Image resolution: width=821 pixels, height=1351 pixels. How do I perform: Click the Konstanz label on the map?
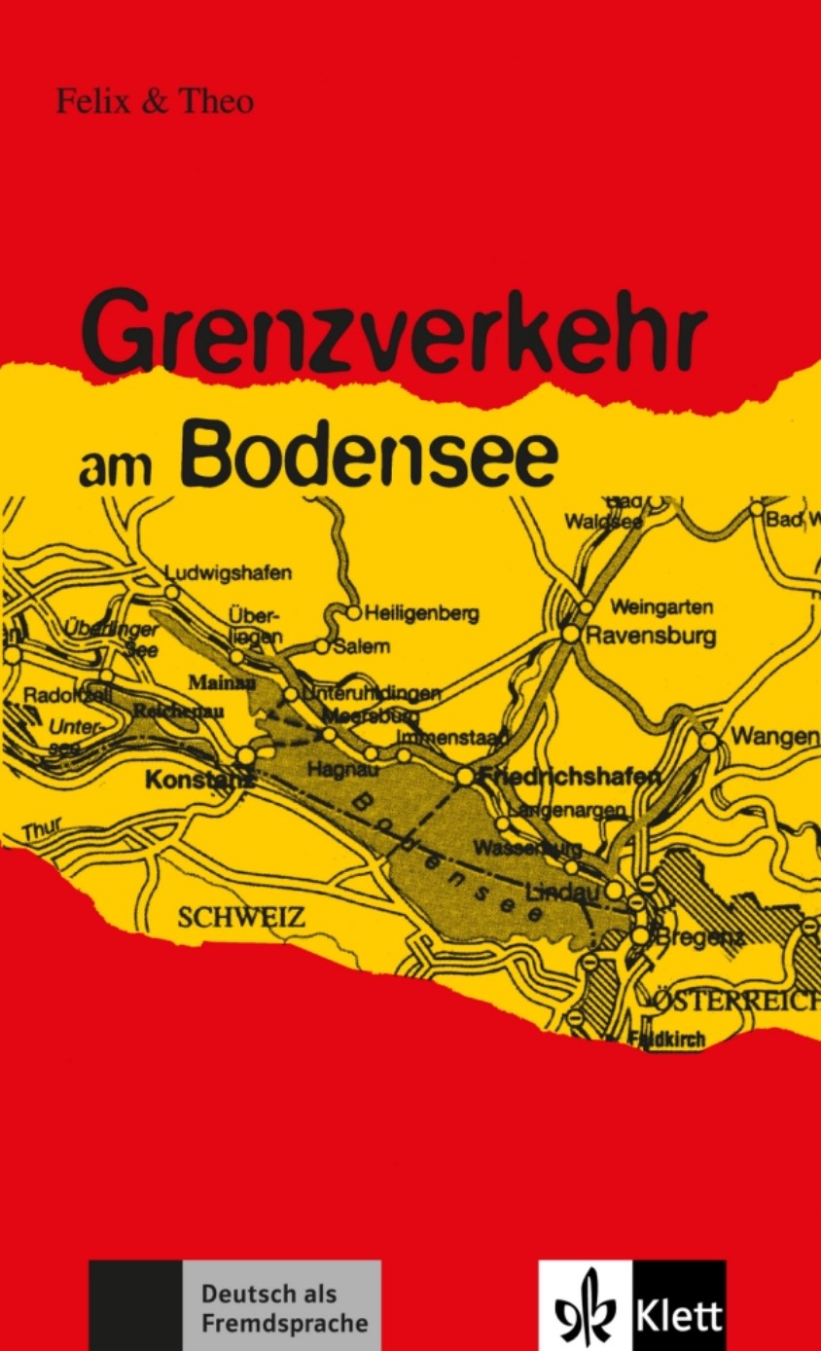tap(198, 780)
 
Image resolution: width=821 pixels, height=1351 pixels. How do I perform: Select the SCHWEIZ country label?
tap(241, 917)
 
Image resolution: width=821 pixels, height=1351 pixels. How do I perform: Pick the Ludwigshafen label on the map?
tap(228, 573)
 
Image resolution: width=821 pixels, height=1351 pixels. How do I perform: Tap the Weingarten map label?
tap(661, 606)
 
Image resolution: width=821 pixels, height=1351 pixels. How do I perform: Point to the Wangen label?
tap(774, 737)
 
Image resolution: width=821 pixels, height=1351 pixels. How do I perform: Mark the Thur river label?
tap(41, 830)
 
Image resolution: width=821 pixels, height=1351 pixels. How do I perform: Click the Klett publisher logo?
tap(631, 1304)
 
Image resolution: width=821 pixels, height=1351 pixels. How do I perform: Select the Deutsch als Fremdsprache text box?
tap(283, 1308)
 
